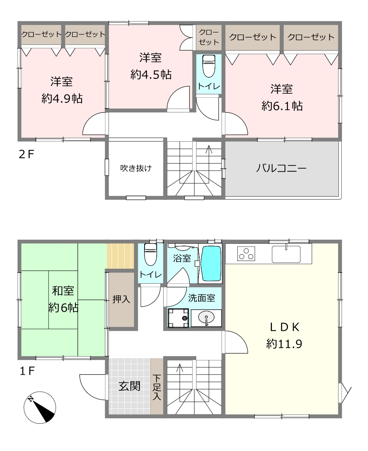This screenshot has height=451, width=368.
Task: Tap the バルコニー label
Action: coord(281,168)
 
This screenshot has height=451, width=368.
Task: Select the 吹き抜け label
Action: coord(136,168)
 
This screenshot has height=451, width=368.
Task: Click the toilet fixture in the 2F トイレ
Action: coord(209,66)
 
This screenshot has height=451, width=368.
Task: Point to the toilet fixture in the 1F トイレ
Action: coord(150,254)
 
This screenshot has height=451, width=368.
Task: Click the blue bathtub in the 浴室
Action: coord(211,263)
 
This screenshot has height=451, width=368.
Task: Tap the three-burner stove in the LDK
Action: coord(246,253)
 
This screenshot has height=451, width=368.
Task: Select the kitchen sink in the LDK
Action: coord(286,254)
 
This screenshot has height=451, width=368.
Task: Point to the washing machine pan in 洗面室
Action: coord(179,318)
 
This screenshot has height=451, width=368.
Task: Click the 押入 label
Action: coord(121,299)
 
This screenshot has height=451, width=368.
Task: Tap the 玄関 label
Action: coord(129,386)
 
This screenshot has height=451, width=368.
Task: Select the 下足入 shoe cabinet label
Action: coord(157,387)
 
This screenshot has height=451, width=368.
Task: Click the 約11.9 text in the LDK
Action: coord(284,344)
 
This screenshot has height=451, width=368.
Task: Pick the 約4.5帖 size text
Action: coord(151,75)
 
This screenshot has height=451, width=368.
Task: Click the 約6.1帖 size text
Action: coord(282,106)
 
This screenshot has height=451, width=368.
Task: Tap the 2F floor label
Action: coord(26,155)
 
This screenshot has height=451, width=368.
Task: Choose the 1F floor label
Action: coord(27,371)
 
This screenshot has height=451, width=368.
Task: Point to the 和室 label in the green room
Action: coord(63,291)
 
